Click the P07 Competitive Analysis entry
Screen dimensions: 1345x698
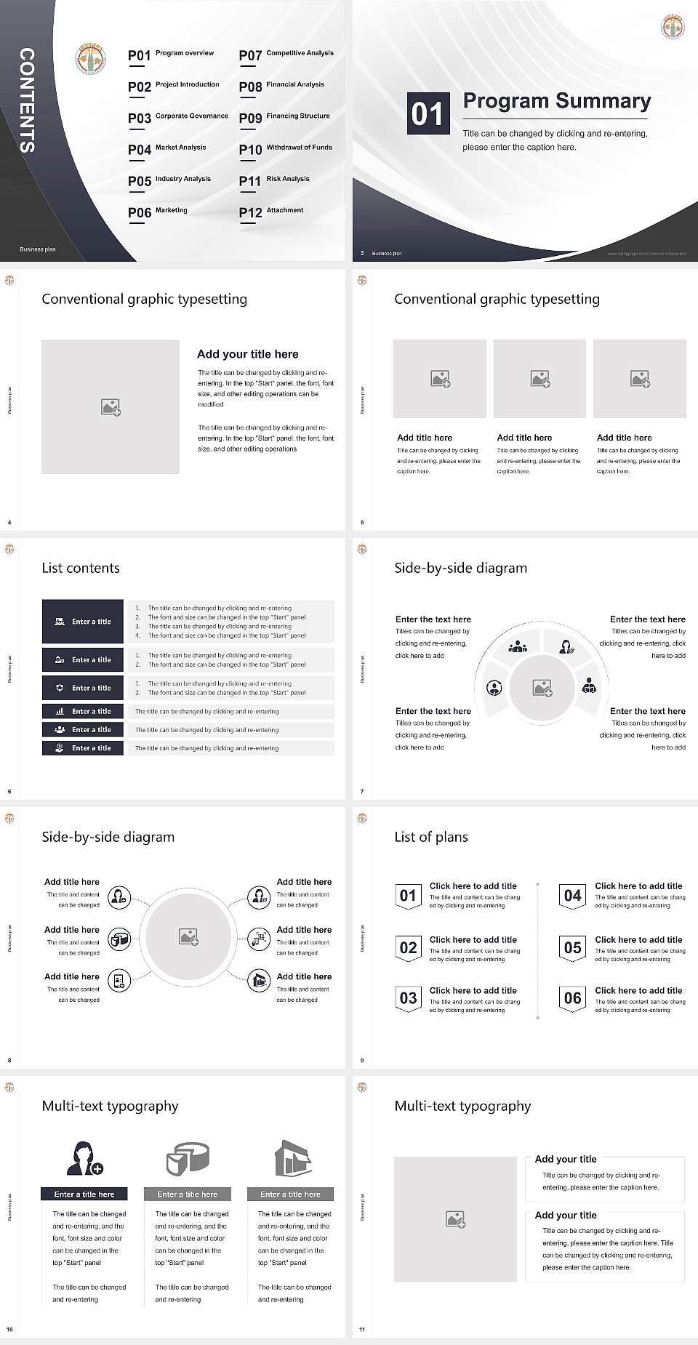pyautogui.click(x=286, y=55)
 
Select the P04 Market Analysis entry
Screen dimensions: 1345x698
pyautogui.click(x=167, y=150)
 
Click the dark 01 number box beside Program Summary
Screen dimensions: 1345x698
pyautogui.click(x=427, y=113)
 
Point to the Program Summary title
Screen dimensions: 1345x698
pyautogui.click(x=556, y=101)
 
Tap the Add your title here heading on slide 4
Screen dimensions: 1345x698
pyautogui.click(x=247, y=354)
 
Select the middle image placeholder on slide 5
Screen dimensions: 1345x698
pyautogui.click(x=539, y=379)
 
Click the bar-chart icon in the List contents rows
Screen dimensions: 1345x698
pyautogui.click(x=60, y=712)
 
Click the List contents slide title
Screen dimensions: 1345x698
pyautogui.click(x=81, y=568)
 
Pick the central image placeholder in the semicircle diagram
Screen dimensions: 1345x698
pyautogui.click(x=542, y=688)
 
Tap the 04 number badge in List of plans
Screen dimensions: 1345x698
pyautogui.click(x=573, y=896)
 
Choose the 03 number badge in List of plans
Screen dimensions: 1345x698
pyautogui.click(x=408, y=999)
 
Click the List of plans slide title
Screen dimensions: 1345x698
pyautogui.click(x=431, y=837)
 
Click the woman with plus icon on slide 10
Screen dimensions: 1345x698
pyautogui.click(x=84, y=1159)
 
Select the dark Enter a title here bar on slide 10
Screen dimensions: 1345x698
pyautogui.click(x=84, y=1194)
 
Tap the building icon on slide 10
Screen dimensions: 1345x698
pyautogui.click(x=292, y=1159)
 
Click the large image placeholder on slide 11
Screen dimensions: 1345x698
pyautogui.click(x=456, y=1219)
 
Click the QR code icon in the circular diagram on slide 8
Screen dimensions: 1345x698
pyautogui.click(x=260, y=939)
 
